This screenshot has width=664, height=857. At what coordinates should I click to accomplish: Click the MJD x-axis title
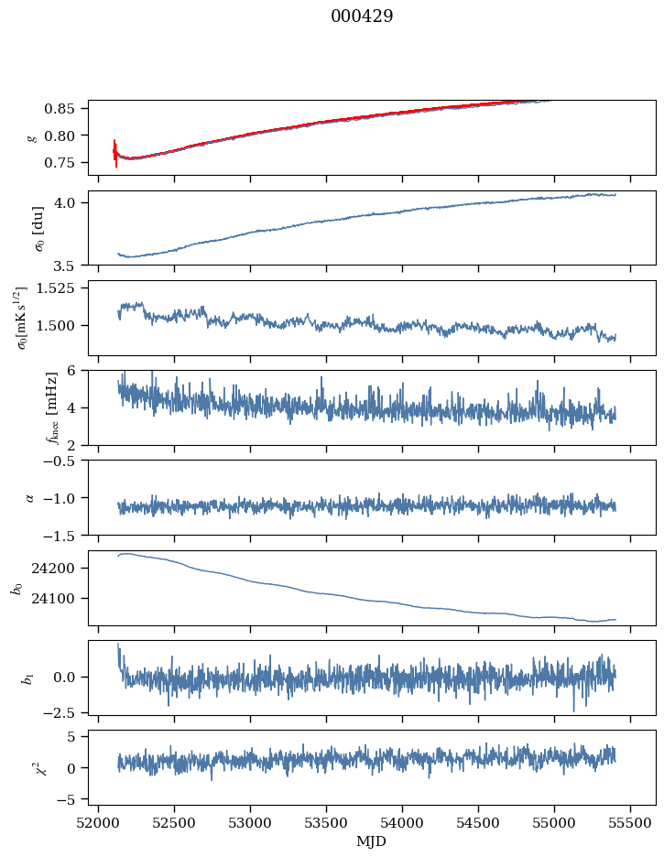click(372, 841)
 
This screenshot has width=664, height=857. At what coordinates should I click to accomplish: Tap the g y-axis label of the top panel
click(33, 137)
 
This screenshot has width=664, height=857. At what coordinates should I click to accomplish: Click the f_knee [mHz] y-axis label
click(33, 407)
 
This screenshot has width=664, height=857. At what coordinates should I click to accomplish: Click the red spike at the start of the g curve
click(115, 151)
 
